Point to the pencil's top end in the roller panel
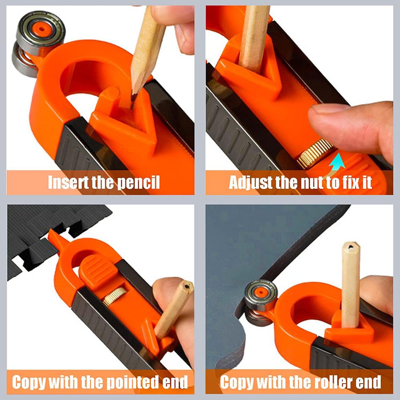click(x=351, y=248)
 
